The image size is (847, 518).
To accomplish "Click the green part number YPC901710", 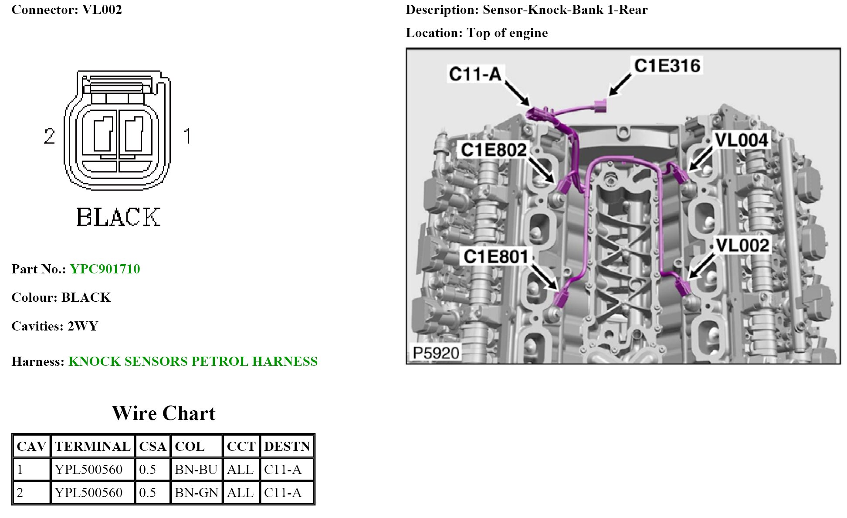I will (x=105, y=269).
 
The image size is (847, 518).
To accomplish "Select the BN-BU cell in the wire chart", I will (x=196, y=470).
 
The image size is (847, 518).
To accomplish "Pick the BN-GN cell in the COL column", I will (x=196, y=493).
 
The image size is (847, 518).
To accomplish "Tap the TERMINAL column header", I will (x=92, y=446).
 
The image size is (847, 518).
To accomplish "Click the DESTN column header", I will (x=287, y=446).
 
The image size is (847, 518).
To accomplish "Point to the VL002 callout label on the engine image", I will (x=742, y=245).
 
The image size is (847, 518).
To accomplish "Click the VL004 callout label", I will (x=741, y=140).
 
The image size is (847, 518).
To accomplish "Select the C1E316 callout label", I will (x=667, y=66).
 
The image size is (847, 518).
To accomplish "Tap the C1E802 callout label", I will (x=494, y=150).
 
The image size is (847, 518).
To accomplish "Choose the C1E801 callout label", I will (x=496, y=256).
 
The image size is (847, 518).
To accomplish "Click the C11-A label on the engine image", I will (x=475, y=74).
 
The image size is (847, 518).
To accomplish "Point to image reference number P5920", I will (x=436, y=353).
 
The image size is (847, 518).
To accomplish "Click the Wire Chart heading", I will (x=164, y=413).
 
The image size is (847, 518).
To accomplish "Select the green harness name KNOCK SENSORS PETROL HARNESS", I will (x=193, y=361).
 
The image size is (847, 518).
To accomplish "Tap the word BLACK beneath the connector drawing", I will (x=118, y=217).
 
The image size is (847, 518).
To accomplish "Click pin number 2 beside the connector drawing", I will (x=49, y=136).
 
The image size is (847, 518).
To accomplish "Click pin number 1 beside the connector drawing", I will (x=187, y=136).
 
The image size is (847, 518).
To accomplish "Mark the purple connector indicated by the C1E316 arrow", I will (x=600, y=106).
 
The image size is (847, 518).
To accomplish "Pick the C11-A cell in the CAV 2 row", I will (x=283, y=493).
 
